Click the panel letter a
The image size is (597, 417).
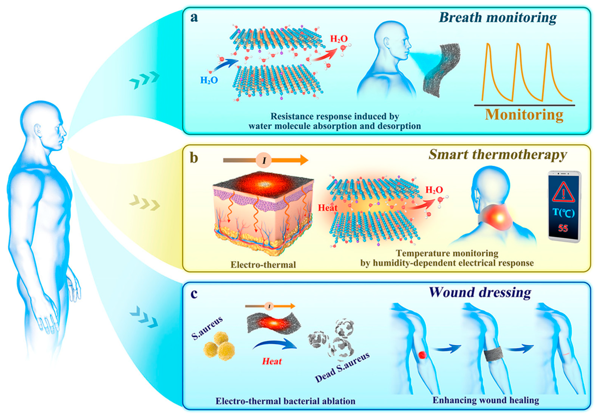click(194, 18)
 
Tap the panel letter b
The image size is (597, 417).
click(194, 158)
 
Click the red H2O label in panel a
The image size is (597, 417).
click(339, 39)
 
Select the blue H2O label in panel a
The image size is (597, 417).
click(209, 80)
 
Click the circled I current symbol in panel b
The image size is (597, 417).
click(264, 160)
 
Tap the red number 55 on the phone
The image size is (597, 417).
click(563, 228)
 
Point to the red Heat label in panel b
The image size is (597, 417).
click(328, 208)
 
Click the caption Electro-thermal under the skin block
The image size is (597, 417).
click(263, 265)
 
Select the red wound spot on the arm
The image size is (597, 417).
click(422, 354)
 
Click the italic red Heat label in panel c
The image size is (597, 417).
click(272, 361)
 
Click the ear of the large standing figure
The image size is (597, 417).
click(38, 130)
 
